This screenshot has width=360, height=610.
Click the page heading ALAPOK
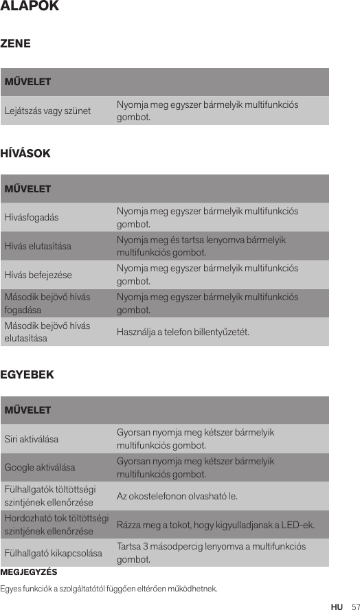point(30,7)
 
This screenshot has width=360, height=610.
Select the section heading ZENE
point(20,43)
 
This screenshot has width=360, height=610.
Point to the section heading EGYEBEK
point(29,375)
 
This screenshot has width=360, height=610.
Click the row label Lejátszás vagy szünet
point(48,111)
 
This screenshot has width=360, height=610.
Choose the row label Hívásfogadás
point(32,217)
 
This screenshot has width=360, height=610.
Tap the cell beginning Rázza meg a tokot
point(216,526)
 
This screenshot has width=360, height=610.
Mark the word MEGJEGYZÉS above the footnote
point(29,572)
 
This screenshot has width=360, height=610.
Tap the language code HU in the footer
point(337,607)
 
